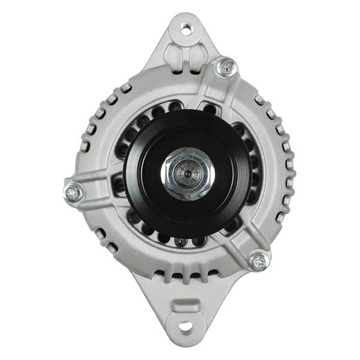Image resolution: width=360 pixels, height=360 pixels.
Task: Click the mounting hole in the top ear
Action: pos(187,28)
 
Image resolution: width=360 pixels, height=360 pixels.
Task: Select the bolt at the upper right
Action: pos(226,67)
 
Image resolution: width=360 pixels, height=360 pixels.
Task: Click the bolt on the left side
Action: pos(74,193)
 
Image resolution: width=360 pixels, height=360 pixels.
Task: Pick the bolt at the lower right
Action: pos(259,260)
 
